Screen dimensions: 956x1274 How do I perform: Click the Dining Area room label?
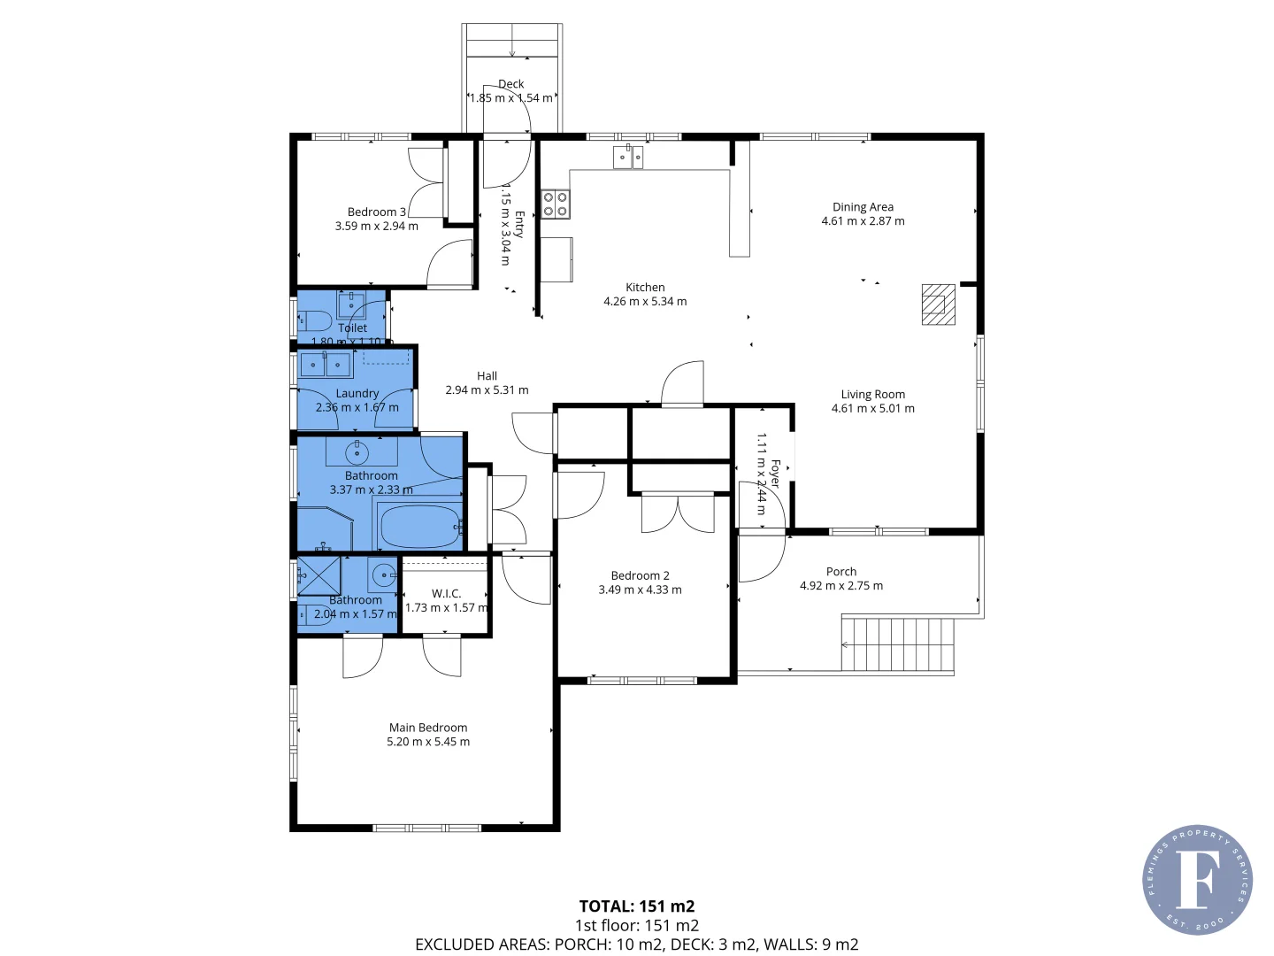click(x=863, y=207)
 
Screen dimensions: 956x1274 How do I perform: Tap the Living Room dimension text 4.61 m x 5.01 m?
click(x=872, y=409)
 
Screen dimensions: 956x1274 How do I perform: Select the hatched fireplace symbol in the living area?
click(x=938, y=305)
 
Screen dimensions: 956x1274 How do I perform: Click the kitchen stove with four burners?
click(x=556, y=204)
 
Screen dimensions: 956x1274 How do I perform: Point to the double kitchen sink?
click(x=628, y=158)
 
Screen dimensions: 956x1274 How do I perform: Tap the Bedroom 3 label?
click(x=376, y=212)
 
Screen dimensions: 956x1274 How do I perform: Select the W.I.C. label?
click(x=446, y=594)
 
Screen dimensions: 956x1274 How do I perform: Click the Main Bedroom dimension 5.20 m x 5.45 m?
click(x=428, y=742)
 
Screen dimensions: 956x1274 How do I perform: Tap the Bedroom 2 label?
click(x=640, y=575)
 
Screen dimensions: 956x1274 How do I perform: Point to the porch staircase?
click(x=897, y=644)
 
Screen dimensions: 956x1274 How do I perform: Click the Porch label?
click(x=840, y=572)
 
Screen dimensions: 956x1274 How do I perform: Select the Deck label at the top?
click(x=510, y=84)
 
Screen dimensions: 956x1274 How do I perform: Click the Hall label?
click(x=487, y=376)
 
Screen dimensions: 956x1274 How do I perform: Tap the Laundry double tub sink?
click(x=326, y=365)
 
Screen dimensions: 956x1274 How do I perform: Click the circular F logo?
click(x=1197, y=880)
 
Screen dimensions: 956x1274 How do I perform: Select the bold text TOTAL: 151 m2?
click(x=636, y=906)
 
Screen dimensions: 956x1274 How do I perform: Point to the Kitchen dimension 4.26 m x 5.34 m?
click(x=645, y=302)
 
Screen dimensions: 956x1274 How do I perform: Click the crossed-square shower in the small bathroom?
click(x=318, y=575)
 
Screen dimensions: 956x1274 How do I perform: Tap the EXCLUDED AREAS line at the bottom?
click(x=636, y=944)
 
